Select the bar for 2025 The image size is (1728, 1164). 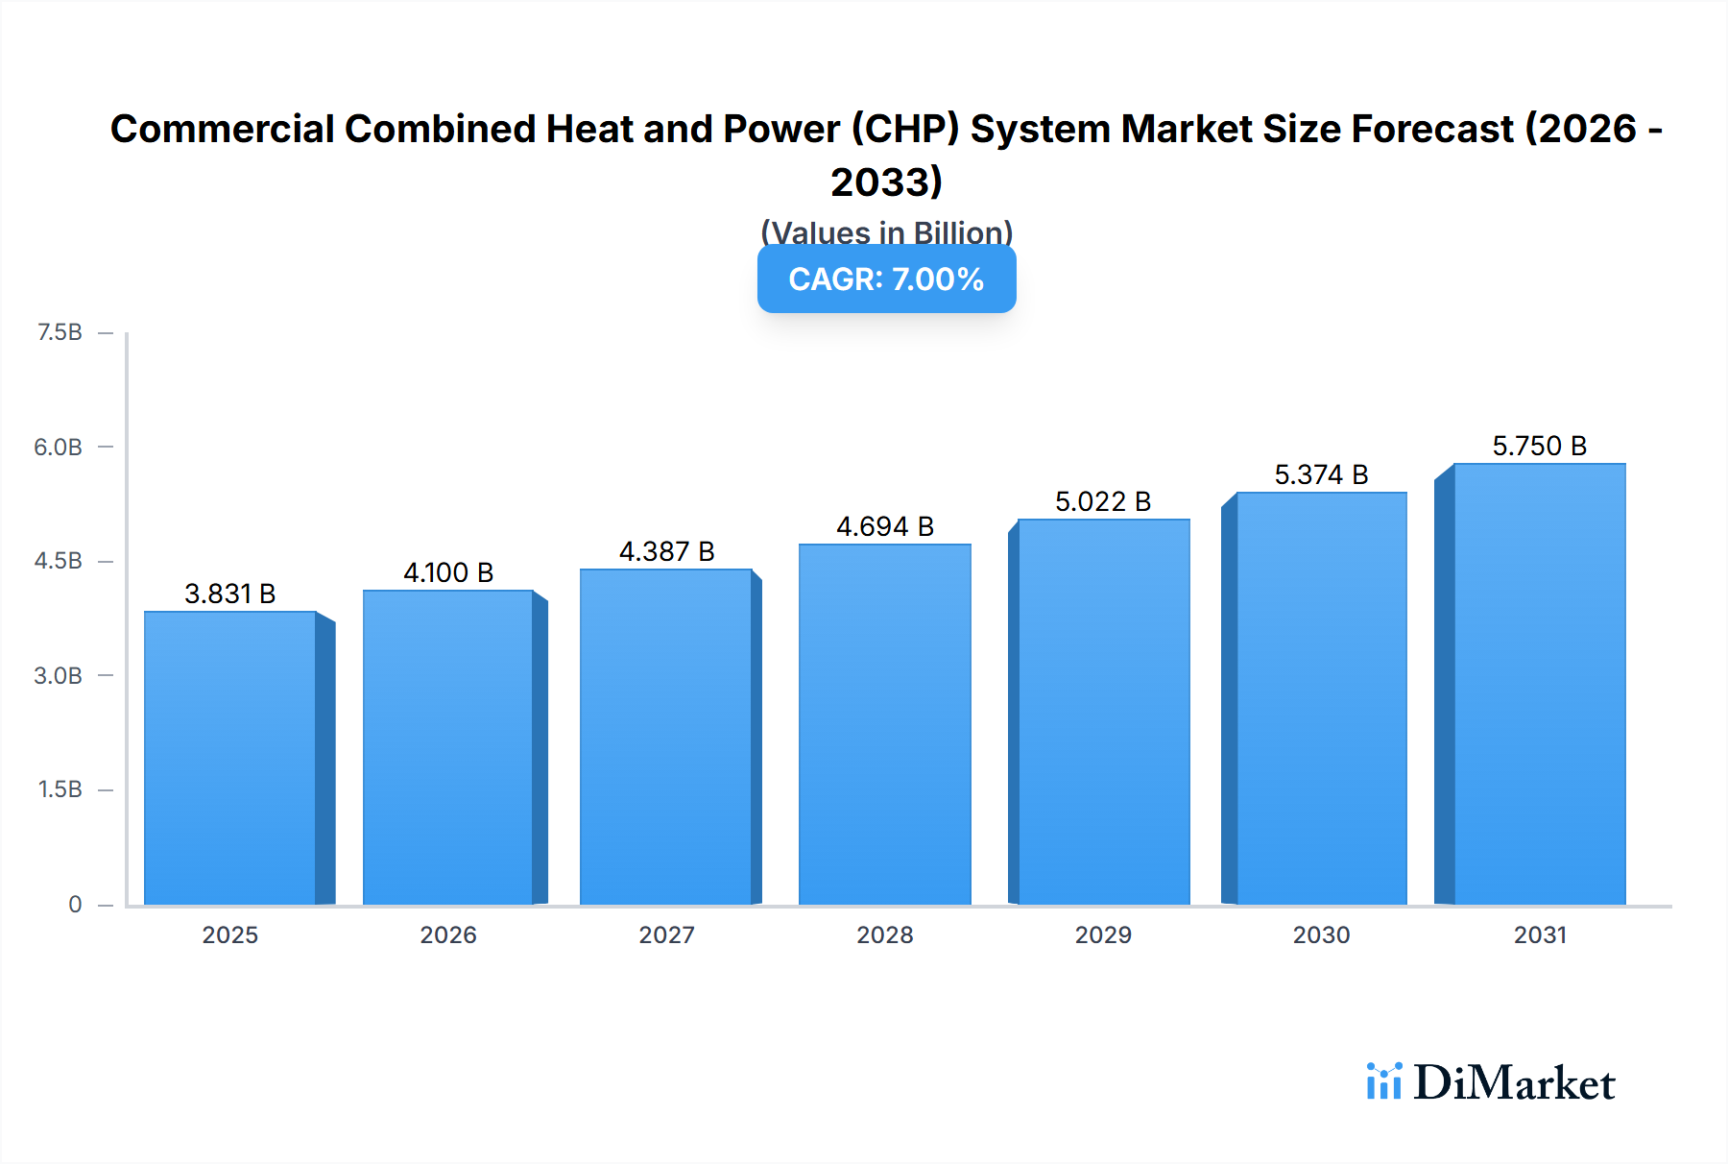pos(230,759)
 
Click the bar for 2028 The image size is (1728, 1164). pos(885,725)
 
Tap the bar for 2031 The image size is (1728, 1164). pos(1540,684)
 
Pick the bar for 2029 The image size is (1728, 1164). pos(1103,713)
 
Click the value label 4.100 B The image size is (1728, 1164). pos(448,573)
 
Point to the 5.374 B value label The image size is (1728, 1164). pos(1321,475)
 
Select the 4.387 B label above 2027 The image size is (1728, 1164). pos(666,552)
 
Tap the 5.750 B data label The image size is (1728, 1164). pos(1539,447)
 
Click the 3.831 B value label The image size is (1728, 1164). pos(230,594)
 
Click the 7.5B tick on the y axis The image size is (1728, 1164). pos(60,333)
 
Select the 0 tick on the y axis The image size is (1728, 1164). pos(75,905)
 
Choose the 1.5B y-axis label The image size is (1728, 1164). pos(60,790)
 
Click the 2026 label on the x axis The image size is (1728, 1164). pos(448,935)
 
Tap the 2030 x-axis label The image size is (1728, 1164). pos(1321,935)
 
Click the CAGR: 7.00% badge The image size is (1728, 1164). pos(886,279)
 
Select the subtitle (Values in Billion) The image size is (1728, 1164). pos(886,231)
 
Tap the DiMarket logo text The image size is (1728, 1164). pos(1514,1083)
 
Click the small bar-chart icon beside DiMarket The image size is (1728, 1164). pos(1383,1081)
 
